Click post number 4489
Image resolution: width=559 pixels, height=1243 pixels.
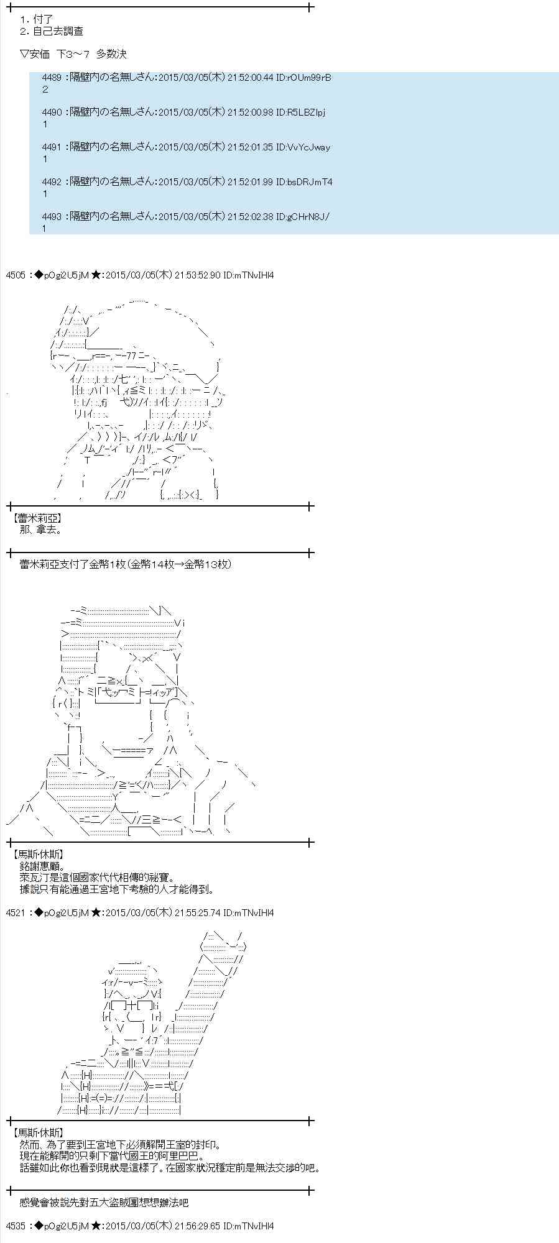point(52,78)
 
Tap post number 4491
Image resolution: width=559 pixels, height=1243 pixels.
point(52,147)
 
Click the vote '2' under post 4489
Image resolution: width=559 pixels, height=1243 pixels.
point(45,89)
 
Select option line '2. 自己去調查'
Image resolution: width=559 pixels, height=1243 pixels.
point(52,31)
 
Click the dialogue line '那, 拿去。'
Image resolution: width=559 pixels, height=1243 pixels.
point(41,530)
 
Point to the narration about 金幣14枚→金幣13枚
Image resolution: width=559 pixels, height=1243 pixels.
point(125,564)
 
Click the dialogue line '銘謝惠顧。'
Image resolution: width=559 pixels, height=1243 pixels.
point(42,866)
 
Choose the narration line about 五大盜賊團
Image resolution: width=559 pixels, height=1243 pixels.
point(103,1203)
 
